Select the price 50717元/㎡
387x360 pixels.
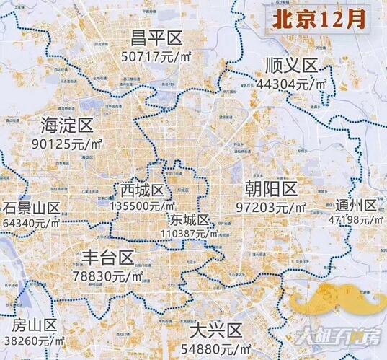[x=154, y=56]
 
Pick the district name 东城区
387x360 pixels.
[x=190, y=220]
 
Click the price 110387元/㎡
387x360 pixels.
[x=189, y=234]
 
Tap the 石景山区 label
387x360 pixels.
[x=31, y=208]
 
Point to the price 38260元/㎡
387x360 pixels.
[x=33, y=338]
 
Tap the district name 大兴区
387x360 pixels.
[x=214, y=331]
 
